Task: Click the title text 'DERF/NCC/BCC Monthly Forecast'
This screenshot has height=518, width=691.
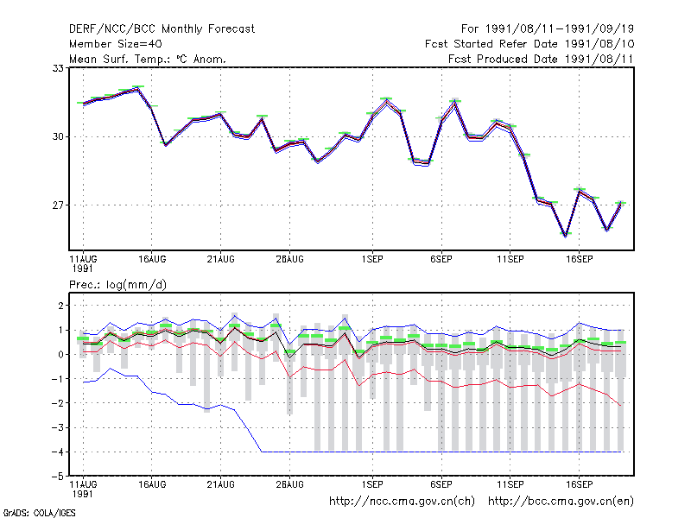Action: [162, 29]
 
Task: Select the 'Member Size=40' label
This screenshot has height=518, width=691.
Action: [116, 44]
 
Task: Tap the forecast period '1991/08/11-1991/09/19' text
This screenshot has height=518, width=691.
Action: [560, 29]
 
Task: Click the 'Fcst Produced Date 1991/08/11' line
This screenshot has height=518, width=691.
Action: [541, 59]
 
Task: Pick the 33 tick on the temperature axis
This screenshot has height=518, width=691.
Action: [58, 68]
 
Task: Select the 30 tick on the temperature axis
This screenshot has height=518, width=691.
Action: [58, 136]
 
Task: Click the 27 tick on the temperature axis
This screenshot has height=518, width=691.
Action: [58, 205]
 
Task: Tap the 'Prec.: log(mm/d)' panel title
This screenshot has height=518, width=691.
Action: [117, 285]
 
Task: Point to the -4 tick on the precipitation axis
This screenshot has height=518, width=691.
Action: [57, 452]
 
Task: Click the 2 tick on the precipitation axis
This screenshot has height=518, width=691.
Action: [60, 306]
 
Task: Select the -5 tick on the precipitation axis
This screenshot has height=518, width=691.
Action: [57, 477]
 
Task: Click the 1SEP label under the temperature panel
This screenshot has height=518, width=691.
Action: [372, 260]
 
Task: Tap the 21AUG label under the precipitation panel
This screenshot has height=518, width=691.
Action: [221, 484]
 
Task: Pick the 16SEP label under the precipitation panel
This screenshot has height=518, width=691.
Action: [579, 484]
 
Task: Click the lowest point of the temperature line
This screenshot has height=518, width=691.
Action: [566, 236]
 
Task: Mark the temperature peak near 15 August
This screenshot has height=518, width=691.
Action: [137, 89]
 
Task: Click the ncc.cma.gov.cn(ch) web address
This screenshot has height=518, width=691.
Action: [402, 502]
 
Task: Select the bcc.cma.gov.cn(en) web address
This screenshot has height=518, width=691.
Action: [561, 502]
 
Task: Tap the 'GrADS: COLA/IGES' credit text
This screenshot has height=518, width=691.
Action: [39, 513]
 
